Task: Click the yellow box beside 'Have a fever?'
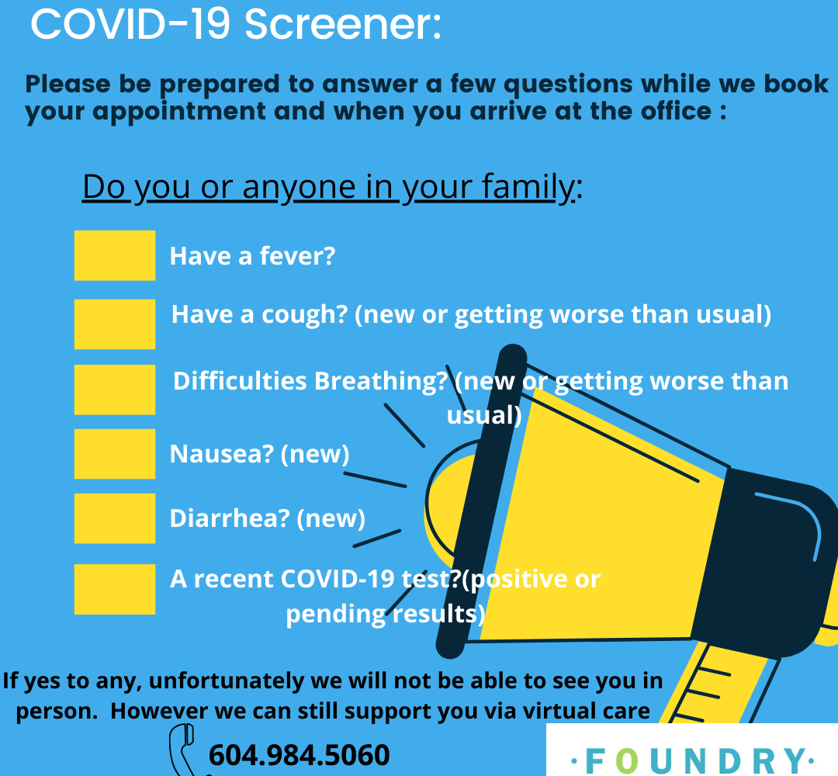(114, 255)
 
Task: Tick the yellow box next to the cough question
(114, 324)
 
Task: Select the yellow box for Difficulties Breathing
(114, 390)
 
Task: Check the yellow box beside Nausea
(114, 454)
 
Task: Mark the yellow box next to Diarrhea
(114, 518)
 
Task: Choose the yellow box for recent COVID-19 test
(114, 589)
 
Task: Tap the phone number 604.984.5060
(300, 755)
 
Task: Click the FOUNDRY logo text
(693, 760)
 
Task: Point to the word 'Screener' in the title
(343, 24)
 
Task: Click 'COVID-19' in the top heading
(130, 24)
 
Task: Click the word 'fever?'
(297, 256)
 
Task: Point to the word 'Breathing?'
(380, 382)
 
